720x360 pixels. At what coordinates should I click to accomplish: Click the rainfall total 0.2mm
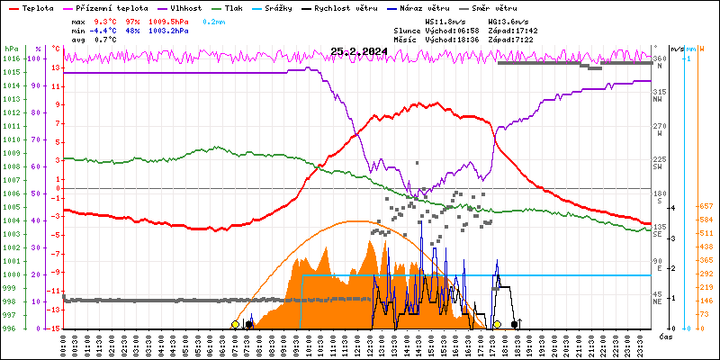click(x=214, y=21)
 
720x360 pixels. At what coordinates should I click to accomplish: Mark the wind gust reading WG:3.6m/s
click(x=507, y=21)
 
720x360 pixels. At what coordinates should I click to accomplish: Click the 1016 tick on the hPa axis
click(x=11, y=58)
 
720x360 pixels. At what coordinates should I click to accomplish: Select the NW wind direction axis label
click(x=659, y=100)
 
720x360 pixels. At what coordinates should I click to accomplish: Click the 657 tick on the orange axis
click(x=706, y=207)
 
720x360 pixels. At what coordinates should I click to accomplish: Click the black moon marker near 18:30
click(x=515, y=324)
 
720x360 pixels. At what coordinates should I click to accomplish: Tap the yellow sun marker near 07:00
click(x=235, y=324)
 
